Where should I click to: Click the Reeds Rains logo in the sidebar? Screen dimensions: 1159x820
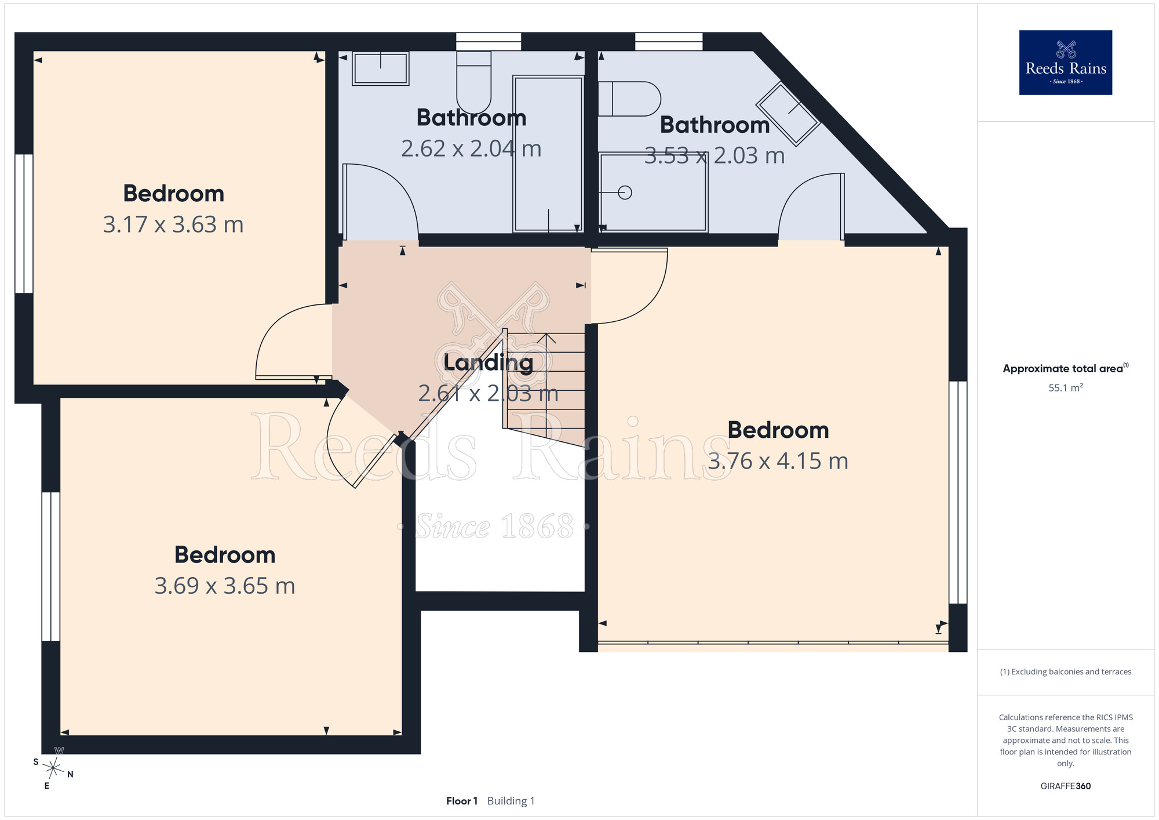pos(1065,63)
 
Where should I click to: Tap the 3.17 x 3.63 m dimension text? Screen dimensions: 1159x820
pos(173,224)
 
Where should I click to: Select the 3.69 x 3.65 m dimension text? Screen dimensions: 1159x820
pos(225,586)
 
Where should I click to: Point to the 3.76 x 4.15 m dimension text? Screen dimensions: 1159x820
pos(778,461)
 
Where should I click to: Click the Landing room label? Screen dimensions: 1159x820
pos(488,362)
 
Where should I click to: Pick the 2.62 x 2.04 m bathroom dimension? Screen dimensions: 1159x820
pos(471,148)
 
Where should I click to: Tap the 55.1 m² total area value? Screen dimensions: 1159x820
pos(1066,387)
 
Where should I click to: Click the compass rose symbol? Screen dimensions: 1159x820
pos(53,768)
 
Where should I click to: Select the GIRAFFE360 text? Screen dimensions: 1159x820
pos(1066,786)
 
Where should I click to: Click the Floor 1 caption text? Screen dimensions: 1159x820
pos(462,801)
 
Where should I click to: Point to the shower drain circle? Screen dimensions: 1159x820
pos(625,193)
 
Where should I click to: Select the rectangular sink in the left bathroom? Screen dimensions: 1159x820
pos(381,68)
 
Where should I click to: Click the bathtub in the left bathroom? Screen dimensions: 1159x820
pos(548,154)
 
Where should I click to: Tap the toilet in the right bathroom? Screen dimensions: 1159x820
pos(629,99)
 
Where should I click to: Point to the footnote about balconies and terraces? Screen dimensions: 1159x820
pos(1066,672)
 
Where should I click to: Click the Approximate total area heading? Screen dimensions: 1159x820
pos(1066,368)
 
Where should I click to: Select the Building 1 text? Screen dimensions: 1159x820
pos(511,801)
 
